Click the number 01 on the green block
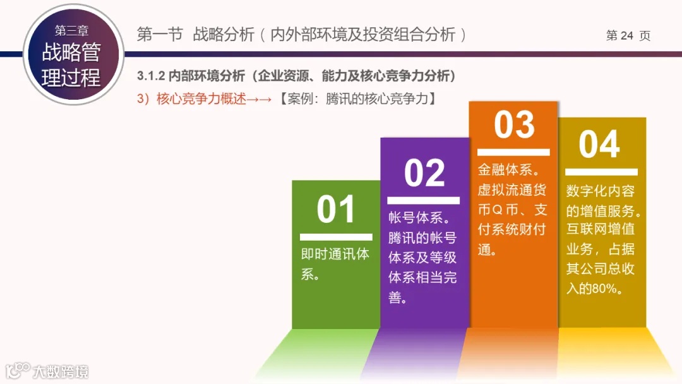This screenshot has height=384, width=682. coord(336,210)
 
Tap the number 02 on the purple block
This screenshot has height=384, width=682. coord(424,172)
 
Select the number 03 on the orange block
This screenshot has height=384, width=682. coord(514,124)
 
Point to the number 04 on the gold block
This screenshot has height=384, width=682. coord(599,145)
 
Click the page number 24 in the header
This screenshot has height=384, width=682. coord(626,35)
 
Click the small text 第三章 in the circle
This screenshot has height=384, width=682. coord(71,30)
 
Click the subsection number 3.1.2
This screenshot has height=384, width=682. coord(151,76)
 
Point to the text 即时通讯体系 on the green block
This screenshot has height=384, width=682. coord(335,264)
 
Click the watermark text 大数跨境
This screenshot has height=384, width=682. coord(61,371)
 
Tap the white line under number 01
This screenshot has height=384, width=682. coord(336,237)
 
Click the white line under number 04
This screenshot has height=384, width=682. coord(601,171)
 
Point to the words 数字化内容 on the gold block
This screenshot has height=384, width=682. coord(600,191)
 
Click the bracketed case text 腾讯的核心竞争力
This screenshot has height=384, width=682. coord(378,99)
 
